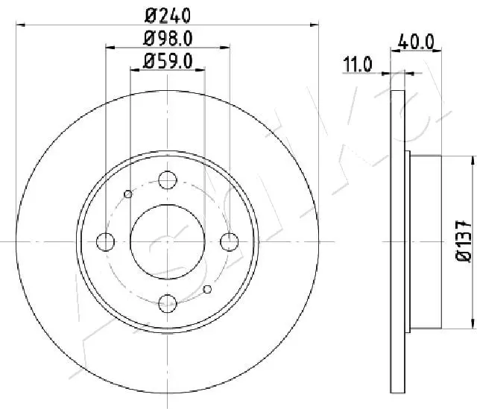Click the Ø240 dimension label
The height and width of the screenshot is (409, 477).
click(x=168, y=15)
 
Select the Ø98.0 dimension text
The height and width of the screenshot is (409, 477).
click(x=168, y=39)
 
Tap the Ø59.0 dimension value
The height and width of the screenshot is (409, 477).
click(x=168, y=61)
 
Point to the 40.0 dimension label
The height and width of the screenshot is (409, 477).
click(x=416, y=42)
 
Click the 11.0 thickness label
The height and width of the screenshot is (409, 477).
click(x=358, y=64)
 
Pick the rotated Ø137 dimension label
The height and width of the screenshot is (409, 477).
click(x=464, y=241)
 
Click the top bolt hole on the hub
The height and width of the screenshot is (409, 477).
click(x=168, y=180)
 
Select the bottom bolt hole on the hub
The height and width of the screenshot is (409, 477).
click(x=168, y=303)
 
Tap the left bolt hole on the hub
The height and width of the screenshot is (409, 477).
click(x=105, y=242)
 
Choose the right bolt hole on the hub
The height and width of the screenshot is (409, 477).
click(x=230, y=242)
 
